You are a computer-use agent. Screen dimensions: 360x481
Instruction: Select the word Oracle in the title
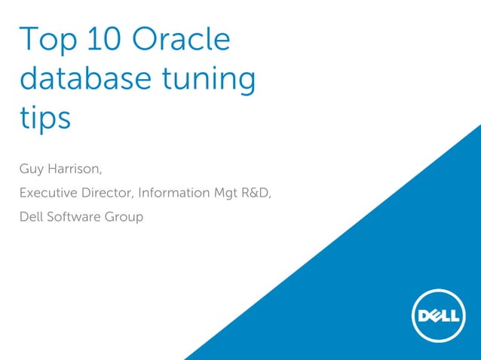182,39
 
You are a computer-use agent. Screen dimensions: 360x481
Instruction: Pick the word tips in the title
44,119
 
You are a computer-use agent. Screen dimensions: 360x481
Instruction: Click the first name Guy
31,168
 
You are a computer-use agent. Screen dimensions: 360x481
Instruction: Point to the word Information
173,192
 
